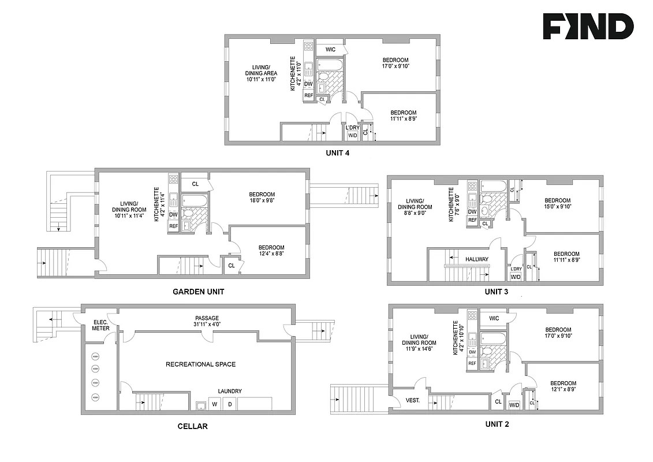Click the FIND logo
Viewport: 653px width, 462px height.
pyautogui.click(x=588, y=27)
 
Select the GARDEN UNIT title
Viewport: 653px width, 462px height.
pyautogui.click(x=199, y=292)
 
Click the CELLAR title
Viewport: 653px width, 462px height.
pyautogui.click(x=192, y=427)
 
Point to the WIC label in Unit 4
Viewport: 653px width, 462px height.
pyautogui.click(x=330, y=50)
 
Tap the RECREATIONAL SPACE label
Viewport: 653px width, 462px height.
pyautogui.click(x=200, y=364)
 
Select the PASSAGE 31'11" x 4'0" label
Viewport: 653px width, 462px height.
pyautogui.click(x=207, y=322)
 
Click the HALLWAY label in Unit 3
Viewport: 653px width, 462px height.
pyautogui.click(x=477, y=259)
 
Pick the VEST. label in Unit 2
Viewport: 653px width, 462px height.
pyautogui.click(x=412, y=400)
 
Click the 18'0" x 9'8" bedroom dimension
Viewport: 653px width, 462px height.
pyautogui.click(x=262, y=202)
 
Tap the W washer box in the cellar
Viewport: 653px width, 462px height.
pyautogui.click(x=214, y=404)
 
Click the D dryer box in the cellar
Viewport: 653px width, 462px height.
pyautogui.click(x=229, y=404)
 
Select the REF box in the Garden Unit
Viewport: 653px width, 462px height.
pyautogui.click(x=173, y=226)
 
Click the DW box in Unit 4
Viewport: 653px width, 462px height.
pyautogui.click(x=308, y=84)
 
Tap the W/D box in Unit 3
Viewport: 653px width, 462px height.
pyautogui.click(x=516, y=277)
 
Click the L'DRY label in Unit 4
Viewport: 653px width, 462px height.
pyautogui.click(x=352, y=127)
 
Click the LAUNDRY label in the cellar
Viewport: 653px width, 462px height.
pyautogui.click(x=229, y=391)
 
